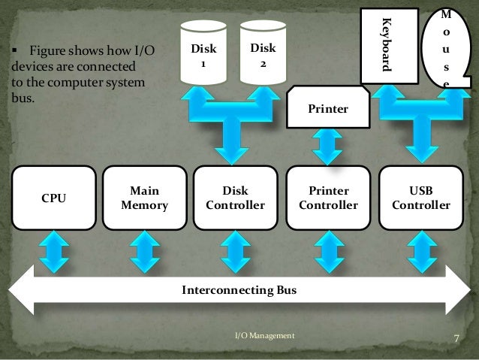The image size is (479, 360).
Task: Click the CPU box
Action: point(53,198)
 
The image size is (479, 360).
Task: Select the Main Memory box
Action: point(144,198)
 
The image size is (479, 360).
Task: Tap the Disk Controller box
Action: point(236,198)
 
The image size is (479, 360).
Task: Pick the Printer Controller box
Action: point(328,198)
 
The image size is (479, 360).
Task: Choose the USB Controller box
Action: point(420,198)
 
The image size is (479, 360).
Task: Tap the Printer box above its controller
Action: point(328,108)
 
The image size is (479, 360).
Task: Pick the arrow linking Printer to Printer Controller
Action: point(328,146)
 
